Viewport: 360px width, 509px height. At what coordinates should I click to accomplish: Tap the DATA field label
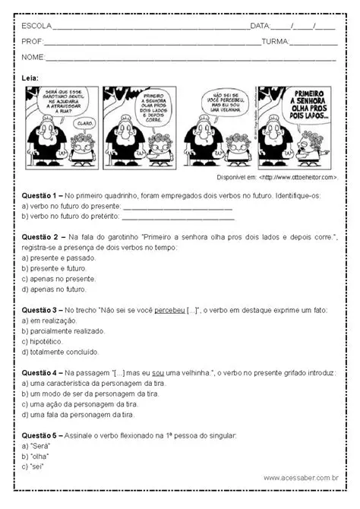260,26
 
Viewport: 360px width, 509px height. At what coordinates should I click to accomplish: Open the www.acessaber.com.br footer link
301,478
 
